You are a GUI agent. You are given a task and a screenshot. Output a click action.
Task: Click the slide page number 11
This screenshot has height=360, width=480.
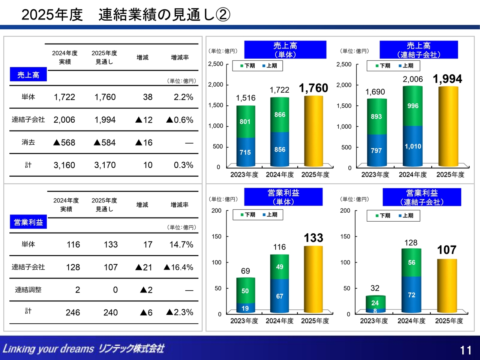(466, 350)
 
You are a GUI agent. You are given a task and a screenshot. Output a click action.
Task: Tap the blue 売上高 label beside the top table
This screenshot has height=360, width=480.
(28, 75)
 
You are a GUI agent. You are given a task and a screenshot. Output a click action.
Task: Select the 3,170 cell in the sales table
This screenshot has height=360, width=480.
(105, 165)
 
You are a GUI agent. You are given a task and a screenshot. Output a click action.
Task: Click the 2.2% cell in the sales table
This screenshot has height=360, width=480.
(183, 97)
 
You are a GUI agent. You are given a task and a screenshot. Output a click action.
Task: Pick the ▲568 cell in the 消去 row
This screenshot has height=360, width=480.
(64, 142)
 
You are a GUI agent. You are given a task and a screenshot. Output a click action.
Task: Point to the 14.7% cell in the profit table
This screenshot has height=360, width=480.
(181, 244)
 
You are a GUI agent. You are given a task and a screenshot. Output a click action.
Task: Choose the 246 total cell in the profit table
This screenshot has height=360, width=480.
(73, 312)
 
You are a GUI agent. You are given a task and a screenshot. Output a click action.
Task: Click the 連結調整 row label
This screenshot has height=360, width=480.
(28, 289)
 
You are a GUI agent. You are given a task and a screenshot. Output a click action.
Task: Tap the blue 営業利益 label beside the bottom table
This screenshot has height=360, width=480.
(28, 222)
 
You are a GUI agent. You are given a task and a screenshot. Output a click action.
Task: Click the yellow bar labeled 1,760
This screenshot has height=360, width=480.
(313, 131)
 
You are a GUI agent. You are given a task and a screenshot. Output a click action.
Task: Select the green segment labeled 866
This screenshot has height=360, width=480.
(280, 115)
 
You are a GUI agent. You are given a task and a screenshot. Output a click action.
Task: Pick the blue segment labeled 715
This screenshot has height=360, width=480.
(246, 152)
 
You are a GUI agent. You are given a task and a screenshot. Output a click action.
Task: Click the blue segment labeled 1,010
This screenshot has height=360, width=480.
(413, 146)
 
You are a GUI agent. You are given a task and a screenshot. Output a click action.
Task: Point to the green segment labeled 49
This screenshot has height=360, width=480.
(280, 267)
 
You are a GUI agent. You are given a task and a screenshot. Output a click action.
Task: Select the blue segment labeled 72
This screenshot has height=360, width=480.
(411, 295)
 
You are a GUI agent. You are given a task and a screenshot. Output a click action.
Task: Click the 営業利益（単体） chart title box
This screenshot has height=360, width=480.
(283, 197)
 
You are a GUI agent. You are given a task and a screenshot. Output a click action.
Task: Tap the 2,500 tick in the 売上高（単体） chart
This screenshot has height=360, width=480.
(216, 64)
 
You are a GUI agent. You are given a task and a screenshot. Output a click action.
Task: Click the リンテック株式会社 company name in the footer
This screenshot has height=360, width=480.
(131, 349)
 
